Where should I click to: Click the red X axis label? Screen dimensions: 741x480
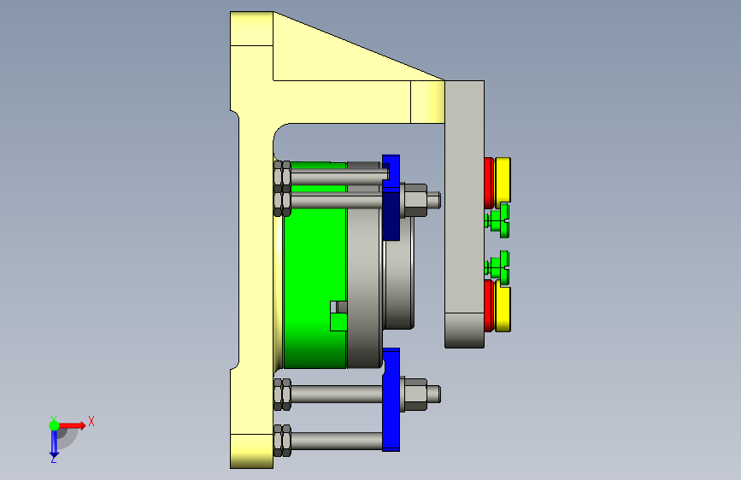pos(91,421)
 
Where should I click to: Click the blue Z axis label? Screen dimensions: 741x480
pos(53,459)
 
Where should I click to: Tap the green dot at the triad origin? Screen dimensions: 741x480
pos(54,425)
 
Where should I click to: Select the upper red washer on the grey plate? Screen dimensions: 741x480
pos(489,183)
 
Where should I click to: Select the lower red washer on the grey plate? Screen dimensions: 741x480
pos(489,306)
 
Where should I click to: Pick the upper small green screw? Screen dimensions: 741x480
pos(497,220)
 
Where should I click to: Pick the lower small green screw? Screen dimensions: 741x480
pos(497,267)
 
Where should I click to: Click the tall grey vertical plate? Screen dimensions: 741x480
pos(464,214)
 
